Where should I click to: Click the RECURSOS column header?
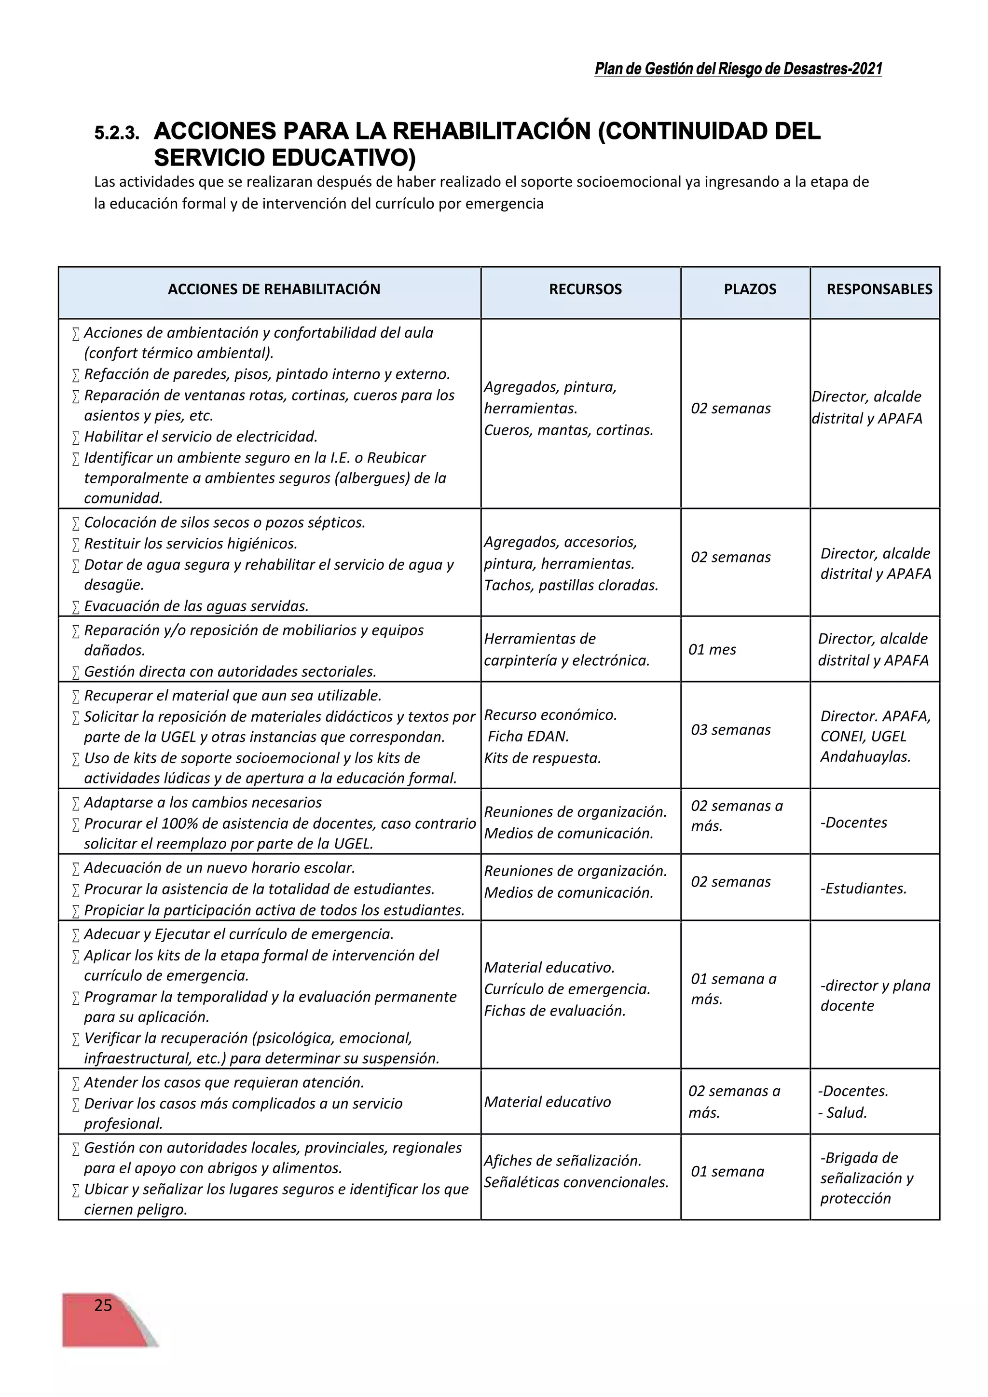(x=585, y=289)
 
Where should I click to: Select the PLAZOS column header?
(x=750, y=289)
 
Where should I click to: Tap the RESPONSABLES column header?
(x=878, y=289)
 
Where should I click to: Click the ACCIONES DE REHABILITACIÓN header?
(x=274, y=289)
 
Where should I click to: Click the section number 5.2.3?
(x=116, y=134)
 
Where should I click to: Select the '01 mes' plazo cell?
(x=712, y=649)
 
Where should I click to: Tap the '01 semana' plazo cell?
(x=727, y=1171)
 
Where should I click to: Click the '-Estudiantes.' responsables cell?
(x=863, y=889)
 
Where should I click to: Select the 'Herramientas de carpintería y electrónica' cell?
(x=566, y=649)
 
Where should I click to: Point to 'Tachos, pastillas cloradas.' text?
(x=571, y=585)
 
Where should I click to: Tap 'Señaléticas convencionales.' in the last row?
(x=576, y=1182)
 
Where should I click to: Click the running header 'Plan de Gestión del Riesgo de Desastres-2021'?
(x=738, y=69)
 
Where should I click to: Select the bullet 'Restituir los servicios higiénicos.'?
(x=191, y=543)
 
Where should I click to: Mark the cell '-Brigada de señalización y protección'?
(x=866, y=1178)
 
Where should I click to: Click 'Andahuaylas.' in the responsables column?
(x=865, y=757)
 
